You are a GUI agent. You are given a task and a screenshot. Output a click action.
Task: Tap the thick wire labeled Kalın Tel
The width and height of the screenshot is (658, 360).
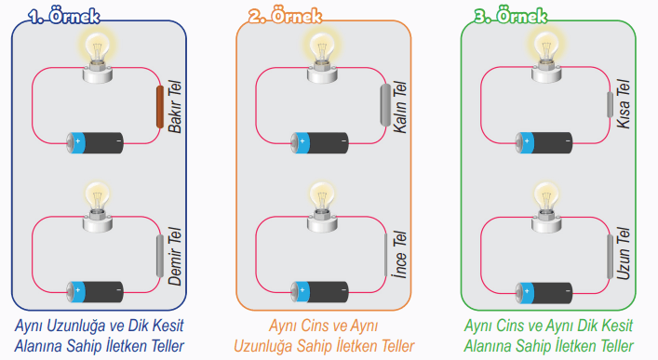[386, 104]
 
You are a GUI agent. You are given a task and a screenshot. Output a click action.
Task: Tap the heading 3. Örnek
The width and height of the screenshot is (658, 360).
[510, 16]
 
